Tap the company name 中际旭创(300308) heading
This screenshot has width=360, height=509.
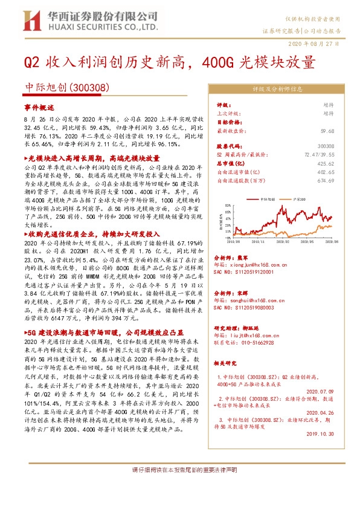point(56,88)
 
